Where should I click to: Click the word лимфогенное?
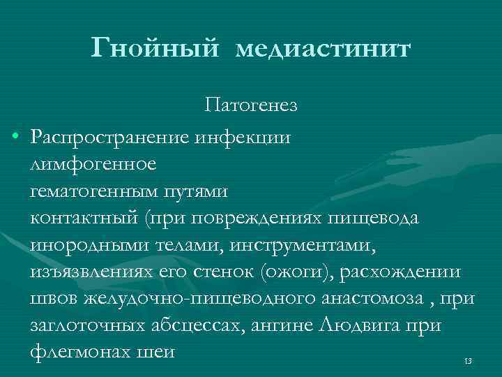tap(93, 165)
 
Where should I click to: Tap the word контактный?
tap(84, 218)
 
